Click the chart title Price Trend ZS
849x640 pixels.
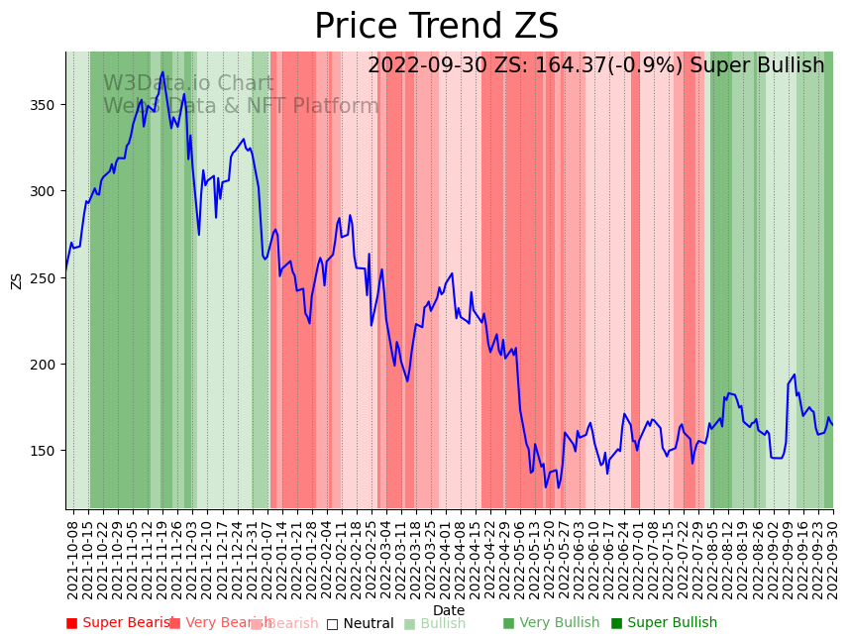coord(436,27)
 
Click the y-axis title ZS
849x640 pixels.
coord(16,280)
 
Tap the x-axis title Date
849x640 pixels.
coord(449,610)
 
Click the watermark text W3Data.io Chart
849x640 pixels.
coord(188,84)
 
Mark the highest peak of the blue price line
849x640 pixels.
coord(162,72)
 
